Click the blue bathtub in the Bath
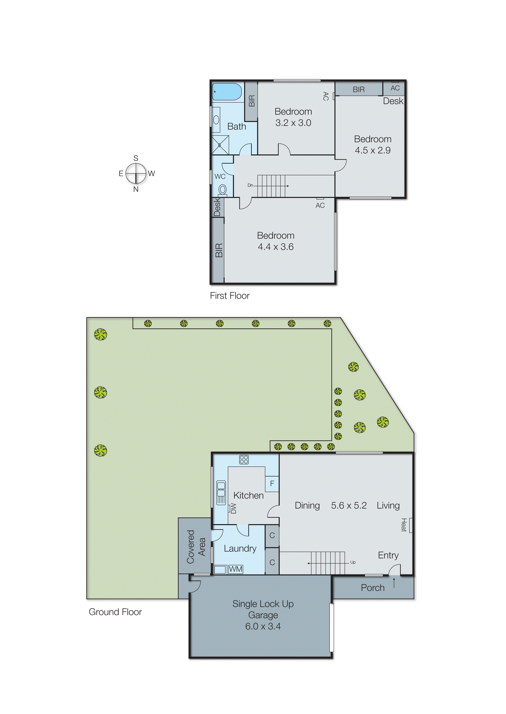point(227,92)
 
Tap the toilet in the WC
point(222,189)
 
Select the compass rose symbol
point(136,173)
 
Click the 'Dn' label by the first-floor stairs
point(250,185)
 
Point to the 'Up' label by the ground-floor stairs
point(353,562)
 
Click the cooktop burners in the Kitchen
point(244,460)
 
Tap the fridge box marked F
point(272,483)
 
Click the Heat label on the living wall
point(404,525)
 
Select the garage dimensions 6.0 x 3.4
point(263,626)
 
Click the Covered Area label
point(196,547)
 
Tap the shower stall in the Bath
point(220,145)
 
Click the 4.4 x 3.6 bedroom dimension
point(275,247)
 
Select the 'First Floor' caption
point(230,296)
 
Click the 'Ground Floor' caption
point(115,612)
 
